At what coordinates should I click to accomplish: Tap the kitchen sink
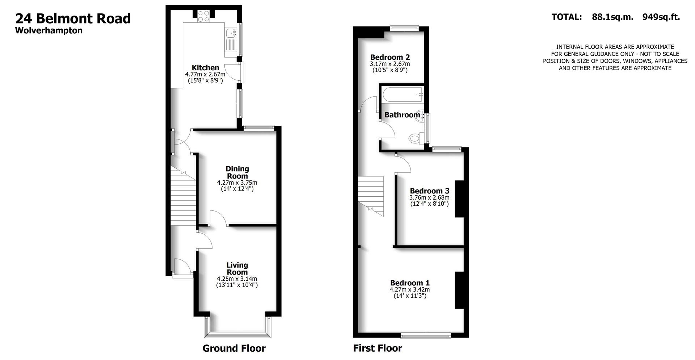click(230, 34)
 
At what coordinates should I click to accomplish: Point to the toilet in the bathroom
click(414, 138)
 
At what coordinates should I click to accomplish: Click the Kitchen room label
click(205, 68)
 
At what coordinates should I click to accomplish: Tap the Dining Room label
click(237, 172)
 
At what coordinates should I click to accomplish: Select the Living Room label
click(237, 269)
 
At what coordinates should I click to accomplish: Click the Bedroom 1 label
click(410, 283)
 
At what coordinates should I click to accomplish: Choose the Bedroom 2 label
click(390, 57)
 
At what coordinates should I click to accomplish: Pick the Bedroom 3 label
click(429, 191)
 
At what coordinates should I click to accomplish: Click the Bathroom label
click(402, 115)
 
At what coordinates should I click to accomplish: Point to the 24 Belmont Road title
click(73, 18)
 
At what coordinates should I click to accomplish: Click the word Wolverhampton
click(49, 30)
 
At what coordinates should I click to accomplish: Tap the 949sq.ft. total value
click(661, 17)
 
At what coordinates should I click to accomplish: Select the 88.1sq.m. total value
click(612, 17)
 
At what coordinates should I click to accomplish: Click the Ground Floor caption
click(234, 348)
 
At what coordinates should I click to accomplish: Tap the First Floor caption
click(378, 348)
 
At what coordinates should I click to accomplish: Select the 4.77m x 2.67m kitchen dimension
click(205, 74)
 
